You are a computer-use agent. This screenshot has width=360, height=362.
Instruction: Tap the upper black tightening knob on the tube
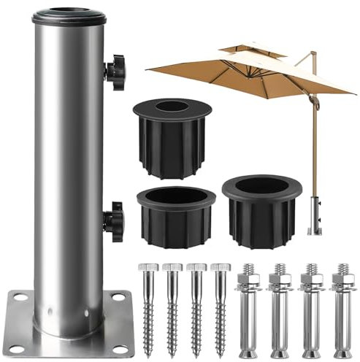coord(115,72)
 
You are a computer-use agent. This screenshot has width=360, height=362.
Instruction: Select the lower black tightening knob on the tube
coord(114,220)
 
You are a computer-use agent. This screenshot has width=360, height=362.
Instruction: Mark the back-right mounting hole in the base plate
coord(115,296)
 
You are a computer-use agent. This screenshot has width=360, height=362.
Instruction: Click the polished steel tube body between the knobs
coord(69,146)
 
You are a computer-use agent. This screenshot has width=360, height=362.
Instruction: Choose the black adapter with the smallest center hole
coord(172,135)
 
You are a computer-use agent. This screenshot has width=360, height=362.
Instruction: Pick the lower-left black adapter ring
coord(175,215)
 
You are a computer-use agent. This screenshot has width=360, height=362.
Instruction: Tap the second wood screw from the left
coord(172,307)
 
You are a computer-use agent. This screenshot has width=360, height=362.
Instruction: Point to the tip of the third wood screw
coord(196,353)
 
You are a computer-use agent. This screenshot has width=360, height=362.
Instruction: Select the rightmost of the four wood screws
coord(221,307)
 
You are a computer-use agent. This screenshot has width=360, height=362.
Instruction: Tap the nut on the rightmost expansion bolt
coord(342,280)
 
